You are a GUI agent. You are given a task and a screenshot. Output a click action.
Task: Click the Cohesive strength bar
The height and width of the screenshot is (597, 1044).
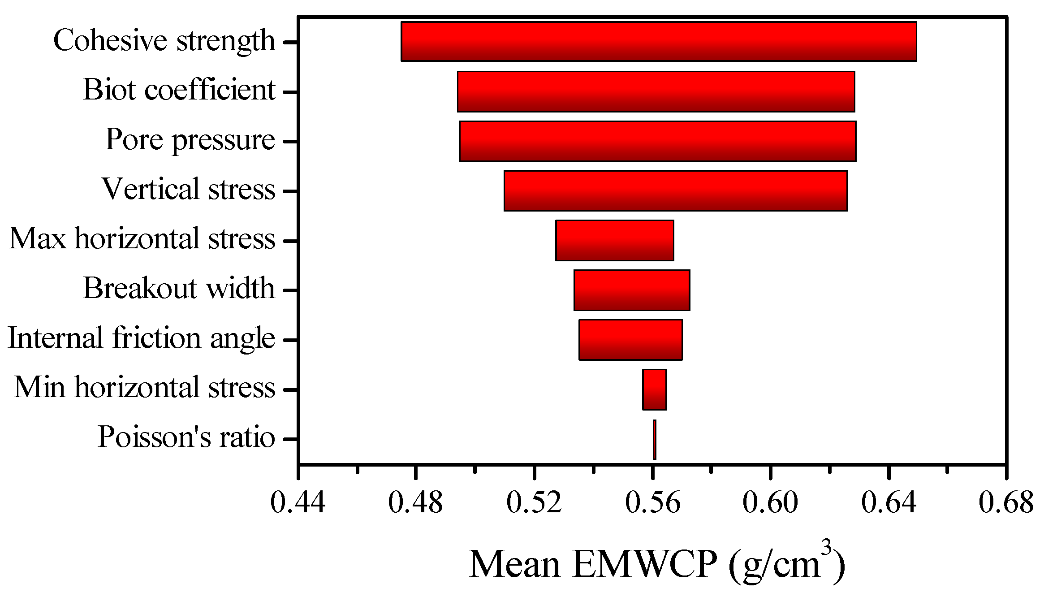tap(659, 41)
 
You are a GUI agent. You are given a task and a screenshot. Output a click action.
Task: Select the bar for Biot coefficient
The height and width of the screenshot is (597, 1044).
tap(656, 91)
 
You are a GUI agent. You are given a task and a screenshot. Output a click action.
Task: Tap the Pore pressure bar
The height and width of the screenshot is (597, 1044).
tap(657, 141)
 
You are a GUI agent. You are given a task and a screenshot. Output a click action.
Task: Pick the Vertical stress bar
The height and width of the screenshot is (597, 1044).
tap(676, 190)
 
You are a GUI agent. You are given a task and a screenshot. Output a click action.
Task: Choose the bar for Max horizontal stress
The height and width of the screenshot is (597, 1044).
tap(614, 240)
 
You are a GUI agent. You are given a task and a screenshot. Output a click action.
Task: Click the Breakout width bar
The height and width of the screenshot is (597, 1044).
tap(632, 290)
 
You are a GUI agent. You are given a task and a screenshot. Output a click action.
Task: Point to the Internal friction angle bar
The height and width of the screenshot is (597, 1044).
tap(630, 340)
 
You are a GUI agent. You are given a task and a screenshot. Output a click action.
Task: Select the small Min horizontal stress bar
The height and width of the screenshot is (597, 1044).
tap(654, 389)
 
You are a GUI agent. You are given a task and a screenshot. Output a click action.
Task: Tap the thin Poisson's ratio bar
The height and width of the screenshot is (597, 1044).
tap(655, 439)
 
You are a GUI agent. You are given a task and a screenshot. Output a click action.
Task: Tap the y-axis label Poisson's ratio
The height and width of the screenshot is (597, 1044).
tap(186, 437)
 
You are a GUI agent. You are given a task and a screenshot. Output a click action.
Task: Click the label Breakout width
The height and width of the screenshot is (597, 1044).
tap(179, 288)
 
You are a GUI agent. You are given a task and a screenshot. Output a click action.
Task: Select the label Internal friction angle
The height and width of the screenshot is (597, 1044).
tap(141, 338)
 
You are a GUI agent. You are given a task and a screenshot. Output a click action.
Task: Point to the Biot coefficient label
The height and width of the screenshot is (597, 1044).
tap(179, 90)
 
